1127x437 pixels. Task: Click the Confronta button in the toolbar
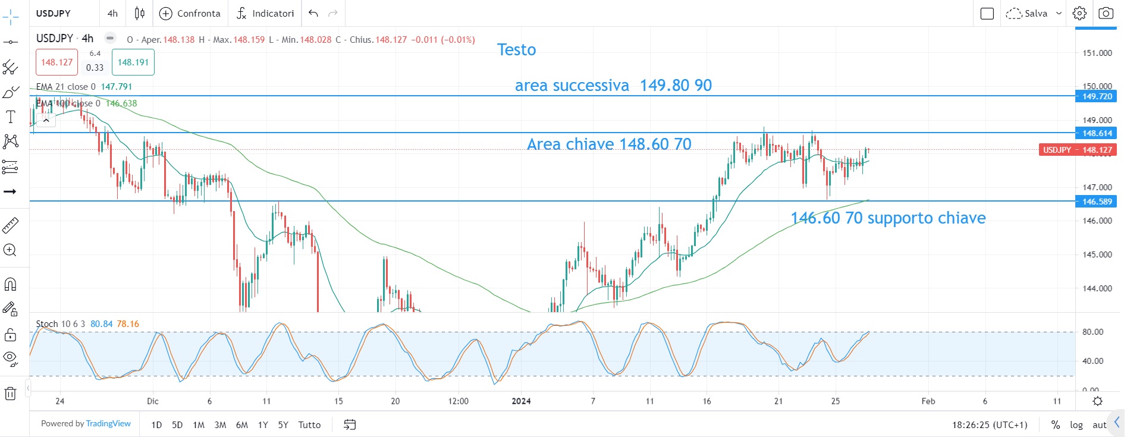(x=190, y=13)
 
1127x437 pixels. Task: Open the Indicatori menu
(x=265, y=13)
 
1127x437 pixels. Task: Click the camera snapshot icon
(x=1106, y=13)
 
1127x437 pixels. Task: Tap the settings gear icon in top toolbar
(x=1079, y=13)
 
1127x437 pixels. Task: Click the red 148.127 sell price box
(x=56, y=62)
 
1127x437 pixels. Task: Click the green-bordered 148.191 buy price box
(x=133, y=62)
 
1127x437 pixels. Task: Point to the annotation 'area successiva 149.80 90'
(x=613, y=86)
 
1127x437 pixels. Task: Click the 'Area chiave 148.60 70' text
(x=609, y=144)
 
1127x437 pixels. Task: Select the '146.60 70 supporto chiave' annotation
(x=888, y=218)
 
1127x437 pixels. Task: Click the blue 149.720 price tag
(x=1097, y=96)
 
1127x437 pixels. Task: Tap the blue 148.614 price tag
(x=1097, y=133)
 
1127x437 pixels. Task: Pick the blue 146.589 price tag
(x=1097, y=202)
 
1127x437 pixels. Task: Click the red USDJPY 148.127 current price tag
(x=1077, y=150)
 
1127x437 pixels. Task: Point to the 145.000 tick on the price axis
(x=1097, y=254)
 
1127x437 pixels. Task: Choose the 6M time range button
(x=241, y=425)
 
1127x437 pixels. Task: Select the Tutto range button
(x=309, y=425)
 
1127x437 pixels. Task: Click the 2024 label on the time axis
(x=521, y=401)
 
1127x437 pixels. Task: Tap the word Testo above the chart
(x=516, y=50)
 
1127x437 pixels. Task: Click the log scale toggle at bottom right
(x=1076, y=425)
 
